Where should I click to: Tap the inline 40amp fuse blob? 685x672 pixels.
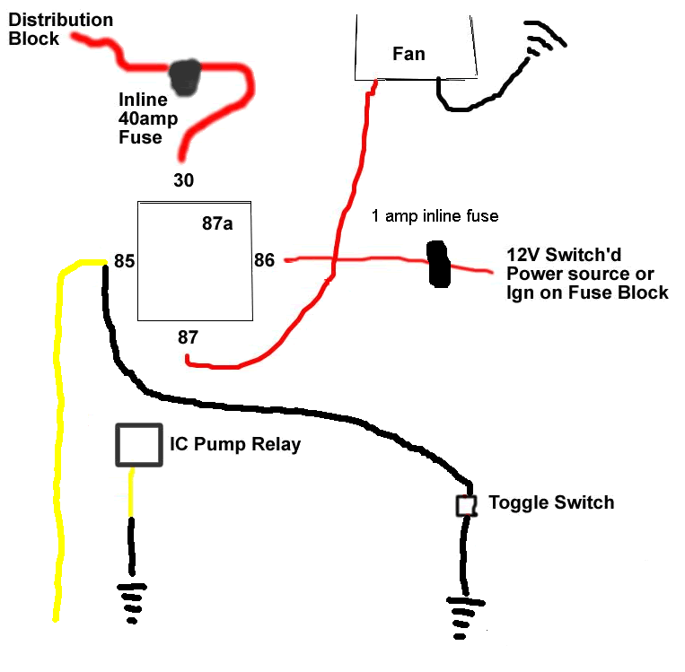(x=187, y=77)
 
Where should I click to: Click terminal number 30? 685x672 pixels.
(x=183, y=180)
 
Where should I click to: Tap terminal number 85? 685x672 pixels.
(x=124, y=262)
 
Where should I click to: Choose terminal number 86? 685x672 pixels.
(x=264, y=261)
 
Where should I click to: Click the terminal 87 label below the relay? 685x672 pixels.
(x=188, y=337)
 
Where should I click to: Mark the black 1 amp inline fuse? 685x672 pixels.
(x=439, y=263)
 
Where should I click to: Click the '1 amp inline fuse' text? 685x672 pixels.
(x=435, y=216)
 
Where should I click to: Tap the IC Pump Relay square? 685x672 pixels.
(x=138, y=445)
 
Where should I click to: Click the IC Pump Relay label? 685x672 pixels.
(x=235, y=444)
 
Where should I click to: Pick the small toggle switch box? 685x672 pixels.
(x=465, y=505)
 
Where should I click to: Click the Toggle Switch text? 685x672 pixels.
(x=551, y=502)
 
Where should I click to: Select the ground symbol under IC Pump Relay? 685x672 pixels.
(x=132, y=601)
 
